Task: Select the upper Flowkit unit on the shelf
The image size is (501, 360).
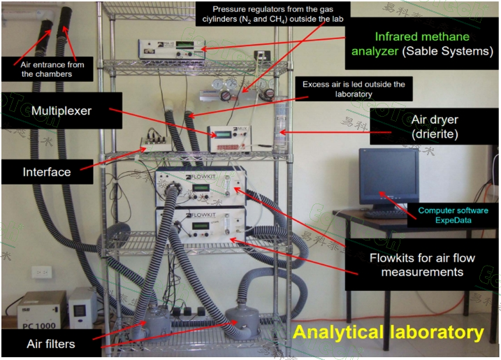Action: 201,187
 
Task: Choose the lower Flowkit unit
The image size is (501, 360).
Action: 201,226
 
